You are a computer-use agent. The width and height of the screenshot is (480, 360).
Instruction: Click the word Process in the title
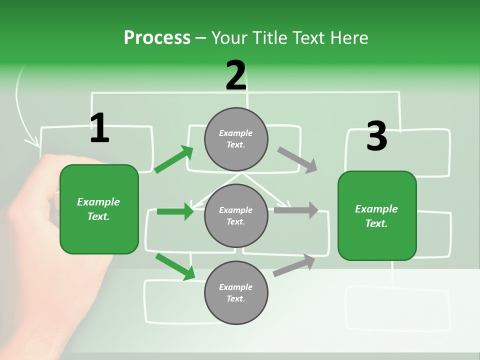pos(157,38)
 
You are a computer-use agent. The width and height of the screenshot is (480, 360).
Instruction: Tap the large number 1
pos(99,128)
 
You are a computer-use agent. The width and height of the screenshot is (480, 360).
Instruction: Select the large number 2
pos(236,76)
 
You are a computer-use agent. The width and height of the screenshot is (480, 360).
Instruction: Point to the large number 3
pos(376,136)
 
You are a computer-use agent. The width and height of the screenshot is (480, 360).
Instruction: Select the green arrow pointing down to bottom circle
pos(175,266)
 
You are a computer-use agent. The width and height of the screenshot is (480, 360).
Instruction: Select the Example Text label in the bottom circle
pos(236,293)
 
